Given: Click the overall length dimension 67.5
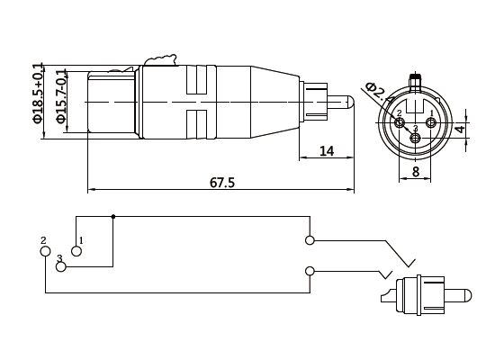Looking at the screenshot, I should [222, 183].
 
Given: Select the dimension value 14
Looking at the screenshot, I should [327, 151].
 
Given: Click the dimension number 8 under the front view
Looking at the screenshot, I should [416, 171].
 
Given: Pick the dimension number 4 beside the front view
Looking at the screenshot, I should [459, 129].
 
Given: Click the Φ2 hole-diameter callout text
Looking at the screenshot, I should [375, 91].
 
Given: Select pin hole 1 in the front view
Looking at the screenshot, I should [430, 122].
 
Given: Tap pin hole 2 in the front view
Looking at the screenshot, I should [400, 122].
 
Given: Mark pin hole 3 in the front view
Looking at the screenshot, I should [415, 138].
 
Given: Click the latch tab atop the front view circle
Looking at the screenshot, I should [415, 78].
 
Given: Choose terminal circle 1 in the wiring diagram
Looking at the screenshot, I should [76, 250].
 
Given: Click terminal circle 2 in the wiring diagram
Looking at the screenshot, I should [46, 250].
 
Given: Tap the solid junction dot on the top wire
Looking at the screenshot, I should [112, 216].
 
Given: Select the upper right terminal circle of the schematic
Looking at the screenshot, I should [310, 240].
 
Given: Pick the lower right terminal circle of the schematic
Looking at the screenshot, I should [310, 271].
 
